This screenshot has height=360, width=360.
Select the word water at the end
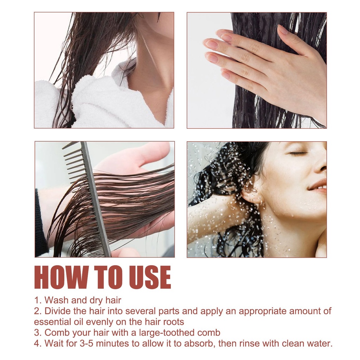[x=320, y=343]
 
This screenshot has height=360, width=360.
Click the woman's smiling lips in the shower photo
[x=317, y=185]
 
